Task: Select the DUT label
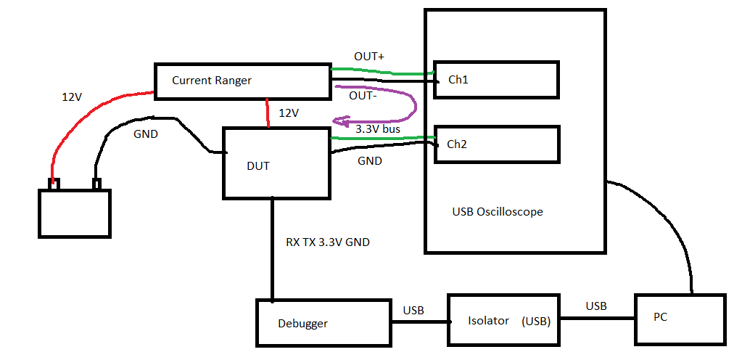pyautogui.click(x=258, y=166)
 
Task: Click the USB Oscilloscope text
pyautogui.click(x=498, y=212)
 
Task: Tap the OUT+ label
pyautogui.click(x=370, y=57)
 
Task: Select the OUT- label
pyautogui.click(x=363, y=96)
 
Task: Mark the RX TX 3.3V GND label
pyautogui.click(x=328, y=242)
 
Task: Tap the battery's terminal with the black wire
pyautogui.click(x=97, y=184)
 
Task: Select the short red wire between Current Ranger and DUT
pyautogui.click(x=268, y=113)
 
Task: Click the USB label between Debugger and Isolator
pyautogui.click(x=413, y=311)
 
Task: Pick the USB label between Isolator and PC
pyautogui.click(x=596, y=306)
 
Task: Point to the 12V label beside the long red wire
pyautogui.click(x=72, y=97)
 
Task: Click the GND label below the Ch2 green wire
pyautogui.click(x=370, y=161)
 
